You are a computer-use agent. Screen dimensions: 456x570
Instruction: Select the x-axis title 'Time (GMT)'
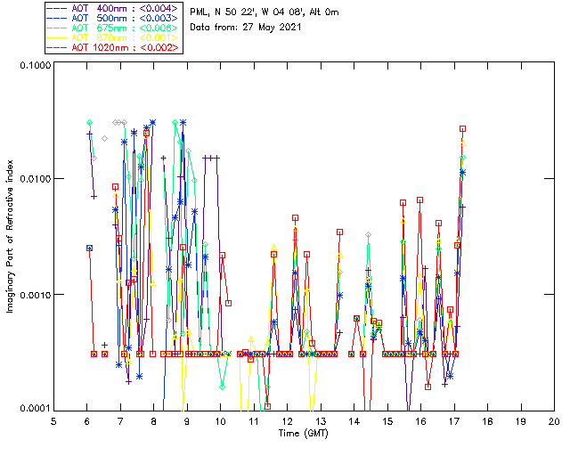coord(304,434)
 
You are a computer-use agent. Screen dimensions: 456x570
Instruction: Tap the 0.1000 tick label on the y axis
coord(34,67)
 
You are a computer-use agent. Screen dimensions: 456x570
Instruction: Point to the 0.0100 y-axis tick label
coord(34,180)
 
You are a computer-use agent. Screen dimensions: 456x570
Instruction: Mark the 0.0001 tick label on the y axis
coord(34,408)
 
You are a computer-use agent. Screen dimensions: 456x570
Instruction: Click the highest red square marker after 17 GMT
coord(462,129)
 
